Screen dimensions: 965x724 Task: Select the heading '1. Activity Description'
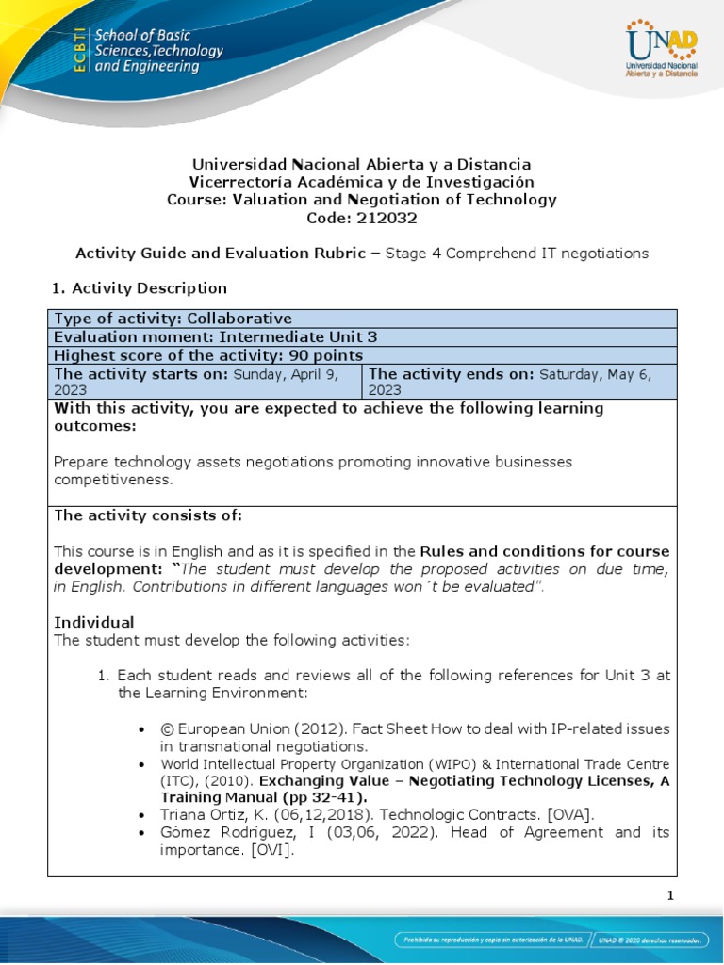pos(140,287)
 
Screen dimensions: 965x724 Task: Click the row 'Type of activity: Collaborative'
pos(173,319)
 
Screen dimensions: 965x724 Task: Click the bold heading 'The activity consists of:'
pos(148,515)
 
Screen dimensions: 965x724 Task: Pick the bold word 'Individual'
pos(94,622)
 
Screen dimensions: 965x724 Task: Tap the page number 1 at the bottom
pos(671,896)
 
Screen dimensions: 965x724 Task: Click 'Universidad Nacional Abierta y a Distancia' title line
pos(362,164)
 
